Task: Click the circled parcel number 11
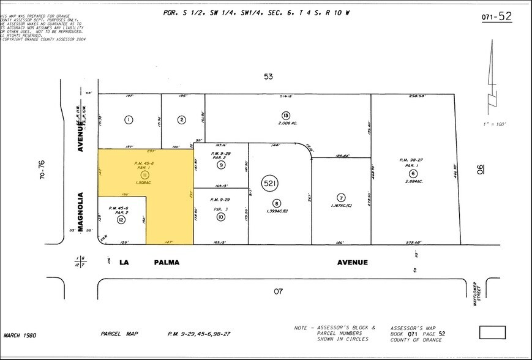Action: tap(145, 174)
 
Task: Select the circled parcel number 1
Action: tap(129, 119)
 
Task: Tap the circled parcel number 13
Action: tap(286, 115)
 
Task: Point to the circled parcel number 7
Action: tap(341, 197)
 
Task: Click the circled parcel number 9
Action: tap(221, 165)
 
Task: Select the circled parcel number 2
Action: tap(181, 119)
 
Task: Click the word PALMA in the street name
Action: tap(166, 262)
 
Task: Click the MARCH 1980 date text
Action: tap(20, 334)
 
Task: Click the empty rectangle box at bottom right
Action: tap(492, 332)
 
